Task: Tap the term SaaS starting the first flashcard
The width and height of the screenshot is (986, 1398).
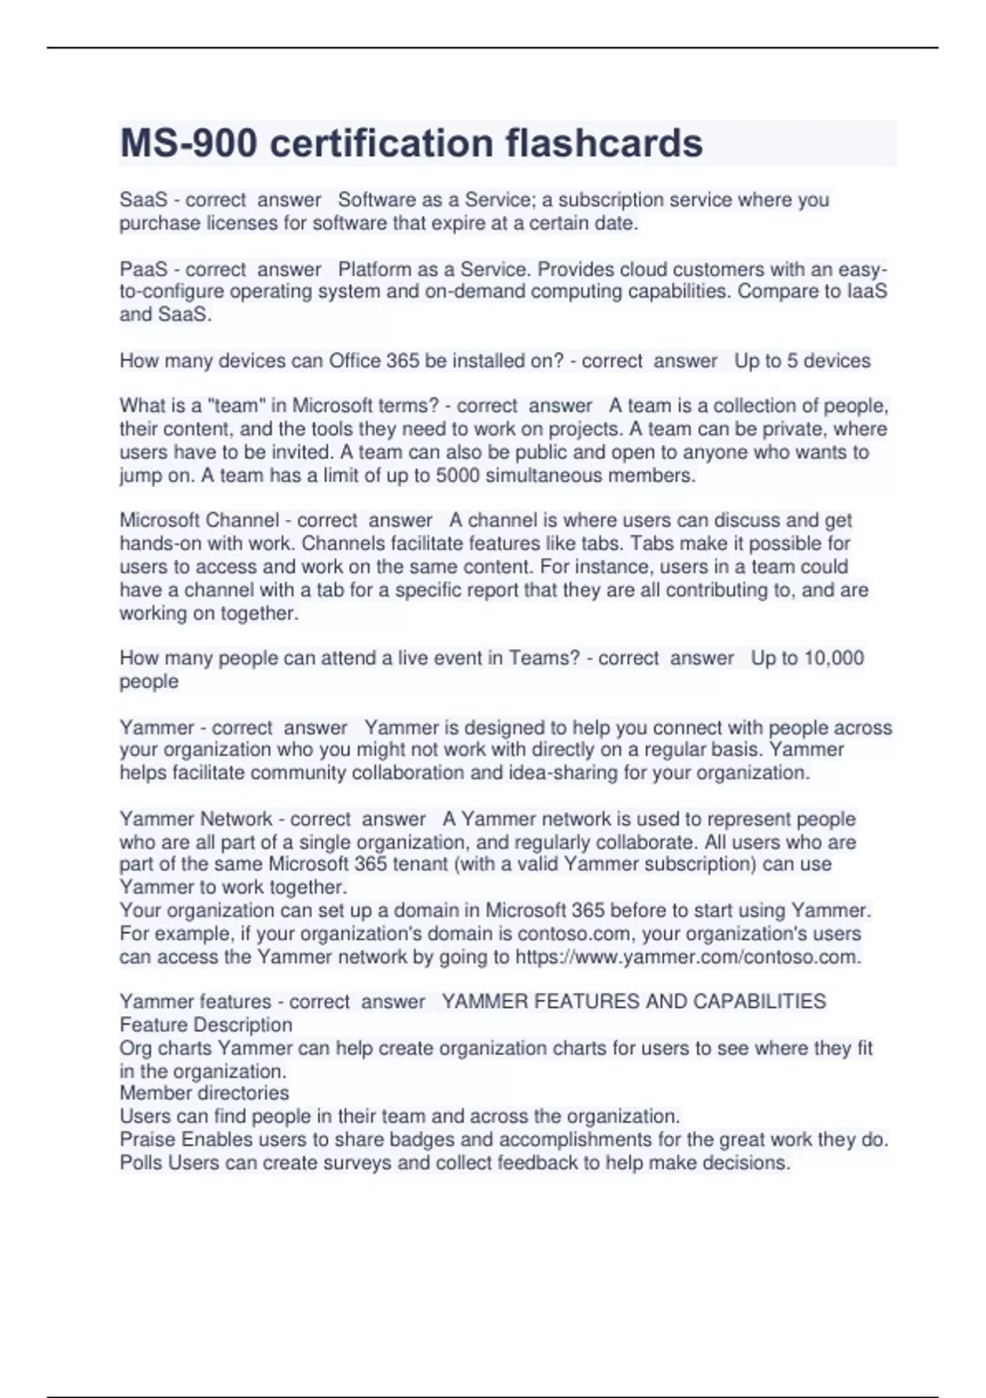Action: pyautogui.click(x=143, y=200)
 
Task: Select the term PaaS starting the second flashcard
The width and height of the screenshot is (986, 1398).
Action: pyautogui.click(x=143, y=269)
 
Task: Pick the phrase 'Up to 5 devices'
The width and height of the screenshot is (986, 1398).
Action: pyautogui.click(x=802, y=361)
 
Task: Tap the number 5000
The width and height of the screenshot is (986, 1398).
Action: pyautogui.click(x=458, y=475)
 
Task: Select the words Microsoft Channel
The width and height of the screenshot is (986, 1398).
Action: pyautogui.click(x=200, y=521)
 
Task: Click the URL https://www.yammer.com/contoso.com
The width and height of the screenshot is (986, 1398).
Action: pyautogui.click(x=688, y=957)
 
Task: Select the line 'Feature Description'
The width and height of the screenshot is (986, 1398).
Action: pyautogui.click(x=206, y=1025)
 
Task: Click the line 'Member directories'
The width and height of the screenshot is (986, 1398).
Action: pyautogui.click(x=205, y=1093)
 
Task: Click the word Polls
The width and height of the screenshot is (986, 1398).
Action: pyautogui.click(x=141, y=1163)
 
